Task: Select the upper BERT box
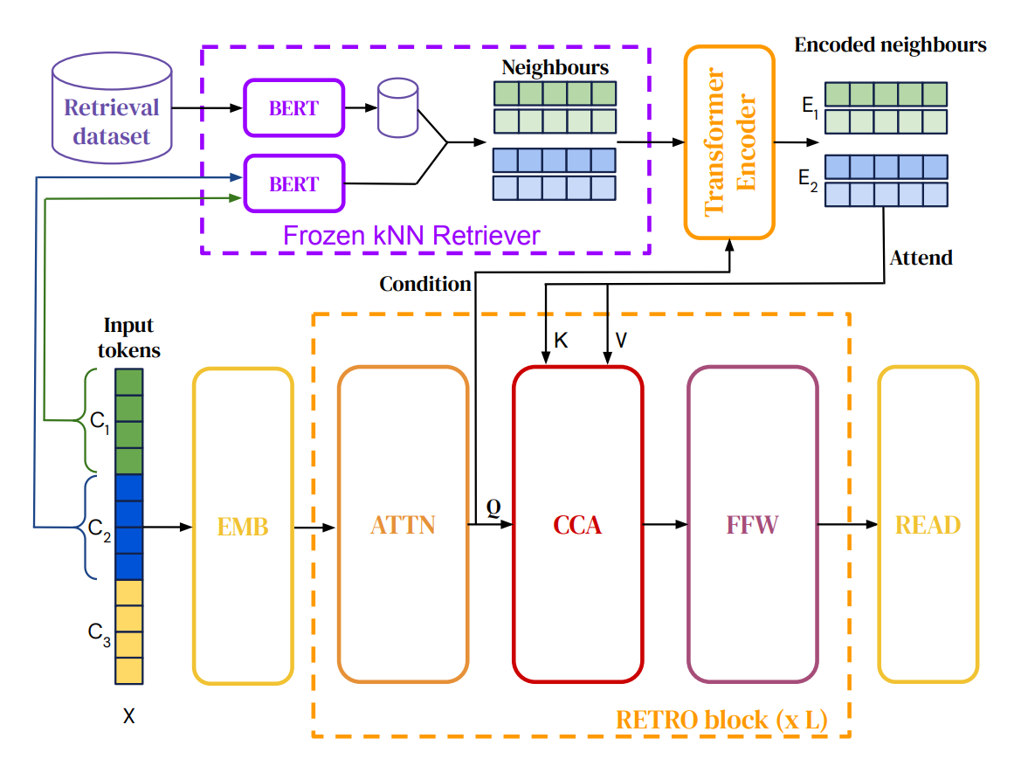tap(294, 107)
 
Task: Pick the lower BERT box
tap(294, 183)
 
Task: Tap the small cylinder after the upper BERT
tap(397, 108)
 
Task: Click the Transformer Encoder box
tap(729, 142)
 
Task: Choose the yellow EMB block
tap(243, 526)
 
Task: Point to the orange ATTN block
tap(403, 524)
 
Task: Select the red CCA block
tap(577, 524)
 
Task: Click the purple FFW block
tap(752, 524)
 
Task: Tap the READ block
tap(928, 524)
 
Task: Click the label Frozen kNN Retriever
tap(411, 235)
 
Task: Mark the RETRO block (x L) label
tap(721, 720)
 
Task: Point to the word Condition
tap(425, 284)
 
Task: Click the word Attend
tap(921, 258)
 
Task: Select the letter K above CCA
tap(561, 341)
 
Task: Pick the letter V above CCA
tap(621, 341)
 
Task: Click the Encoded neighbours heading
tap(890, 45)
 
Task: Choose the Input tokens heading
tap(128, 337)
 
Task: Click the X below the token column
tap(129, 717)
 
